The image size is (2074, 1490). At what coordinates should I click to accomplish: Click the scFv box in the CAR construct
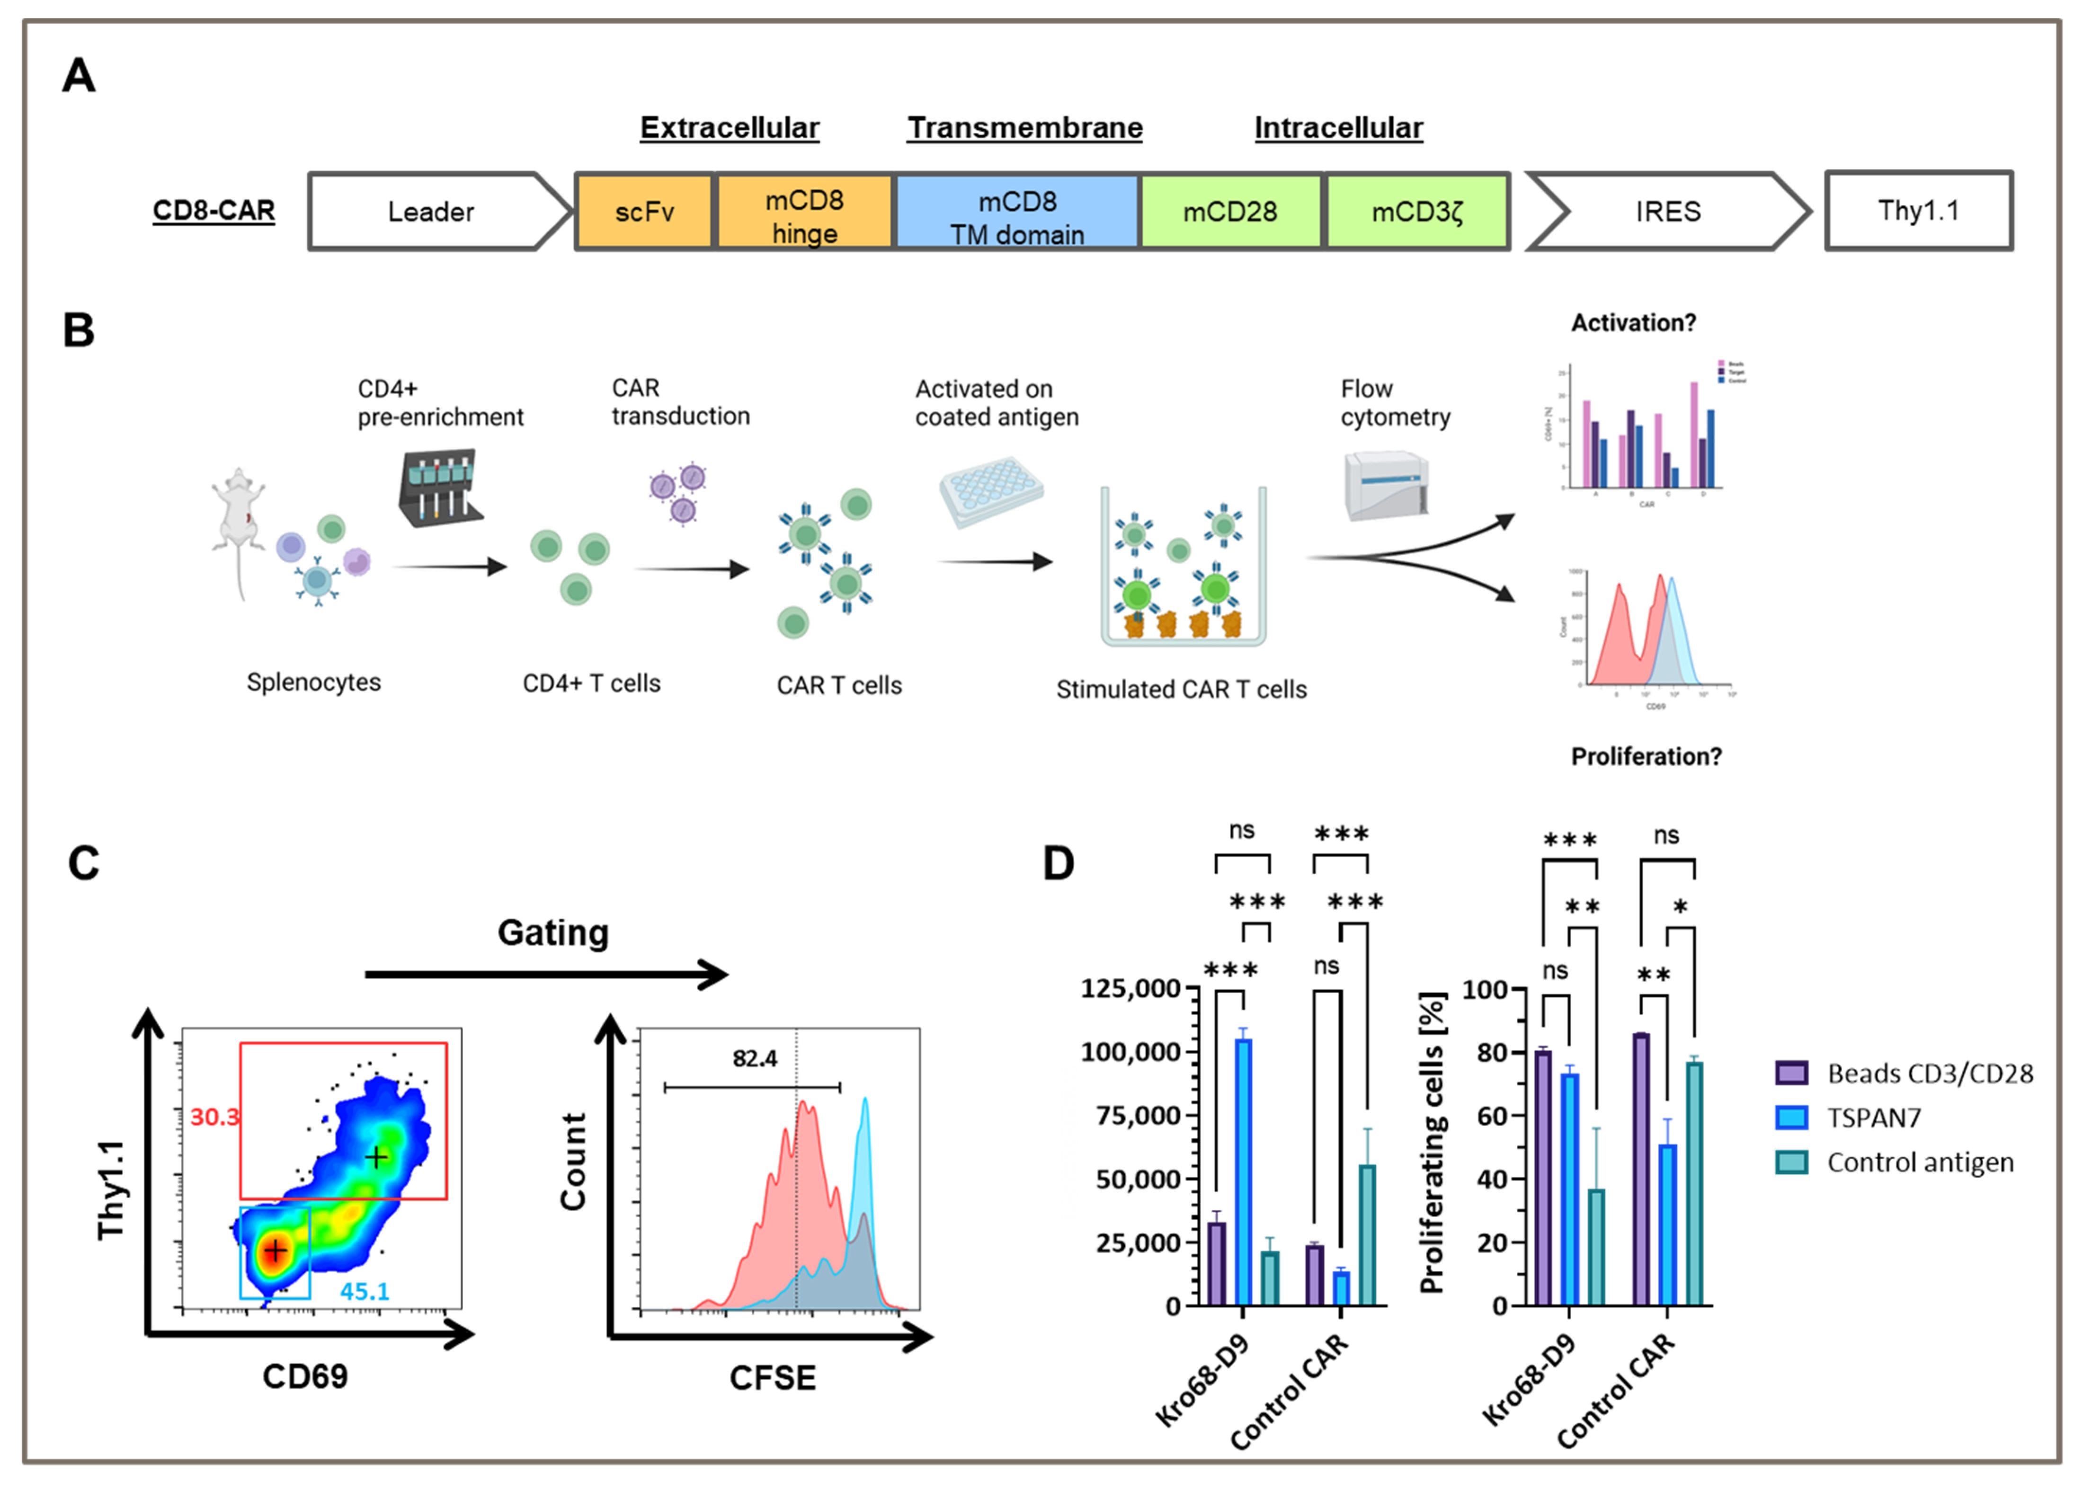click(x=644, y=211)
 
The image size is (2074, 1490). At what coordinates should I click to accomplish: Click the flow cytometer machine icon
click(x=1385, y=485)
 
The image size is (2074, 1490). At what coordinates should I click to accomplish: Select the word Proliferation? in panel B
click(x=1645, y=756)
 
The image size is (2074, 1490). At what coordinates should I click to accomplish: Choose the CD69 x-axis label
click(x=304, y=1376)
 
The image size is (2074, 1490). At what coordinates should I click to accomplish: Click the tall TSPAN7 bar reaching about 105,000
click(x=1243, y=1170)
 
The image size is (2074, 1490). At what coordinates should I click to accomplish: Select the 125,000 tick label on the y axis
click(x=1130, y=988)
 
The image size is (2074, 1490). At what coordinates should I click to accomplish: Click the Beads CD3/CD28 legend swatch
click(x=1790, y=1073)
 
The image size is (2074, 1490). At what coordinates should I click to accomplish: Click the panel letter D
click(x=1058, y=863)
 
